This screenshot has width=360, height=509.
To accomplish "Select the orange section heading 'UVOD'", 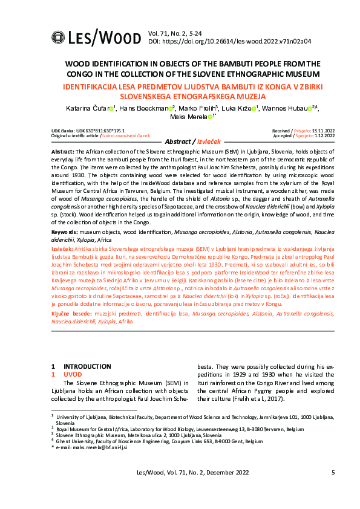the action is [72, 374].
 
